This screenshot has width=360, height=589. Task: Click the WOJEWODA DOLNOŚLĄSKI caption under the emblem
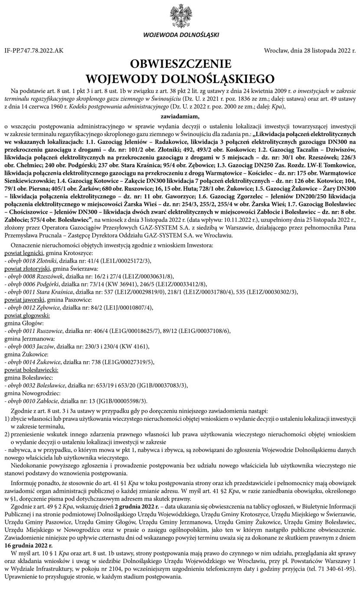(x=180, y=35)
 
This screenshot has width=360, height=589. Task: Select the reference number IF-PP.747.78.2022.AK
(x=34, y=51)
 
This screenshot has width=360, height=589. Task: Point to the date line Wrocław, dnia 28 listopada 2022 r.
(x=310, y=51)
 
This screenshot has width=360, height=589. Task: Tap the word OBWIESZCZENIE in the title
(x=180, y=65)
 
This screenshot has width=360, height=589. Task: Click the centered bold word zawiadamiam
(x=180, y=116)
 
